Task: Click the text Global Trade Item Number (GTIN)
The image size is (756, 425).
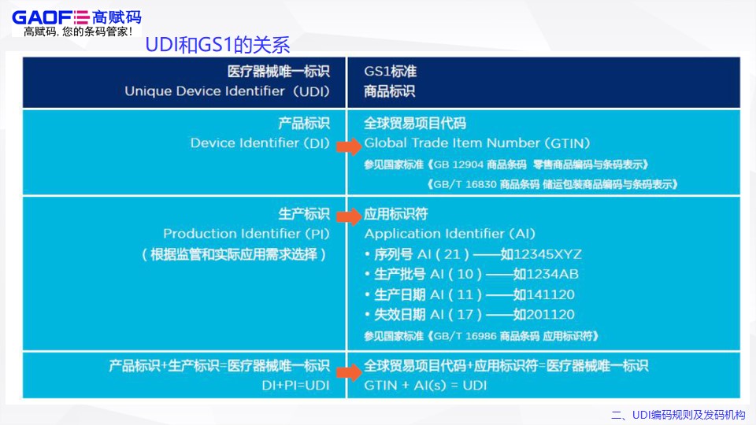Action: [476, 143]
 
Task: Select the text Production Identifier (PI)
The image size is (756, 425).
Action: [246, 234]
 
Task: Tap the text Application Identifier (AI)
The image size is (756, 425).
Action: [450, 234]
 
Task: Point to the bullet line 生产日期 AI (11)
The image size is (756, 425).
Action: [425, 294]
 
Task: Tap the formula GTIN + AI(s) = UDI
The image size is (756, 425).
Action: [425, 386]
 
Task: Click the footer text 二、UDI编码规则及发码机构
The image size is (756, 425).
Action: [678, 415]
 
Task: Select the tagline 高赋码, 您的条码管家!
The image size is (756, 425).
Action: [78, 32]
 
